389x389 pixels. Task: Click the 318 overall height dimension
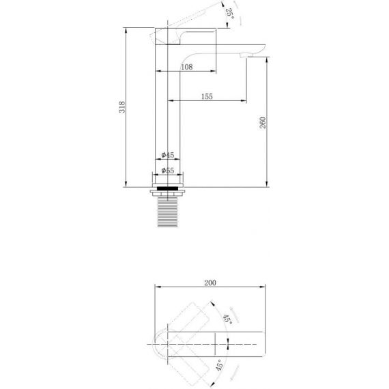(x=121, y=107)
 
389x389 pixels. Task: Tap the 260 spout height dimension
(x=263, y=123)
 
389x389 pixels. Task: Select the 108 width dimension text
(x=187, y=67)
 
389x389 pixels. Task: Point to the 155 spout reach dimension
(x=207, y=96)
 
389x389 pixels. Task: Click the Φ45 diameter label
(x=168, y=155)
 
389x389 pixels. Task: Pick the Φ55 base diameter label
(x=168, y=171)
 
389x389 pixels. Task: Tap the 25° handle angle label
(x=229, y=14)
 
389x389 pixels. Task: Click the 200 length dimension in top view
(x=210, y=283)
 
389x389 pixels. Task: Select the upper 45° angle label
(x=227, y=319)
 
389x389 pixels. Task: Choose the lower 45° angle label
(x=220, y=365)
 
